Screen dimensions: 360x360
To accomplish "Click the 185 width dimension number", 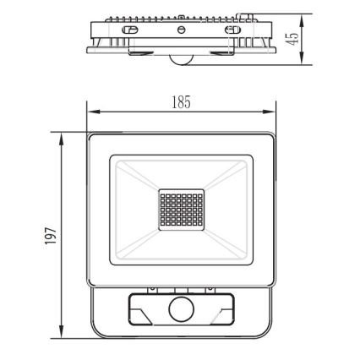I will (181, 101).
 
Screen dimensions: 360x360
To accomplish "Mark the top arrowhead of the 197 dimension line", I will (62, 134).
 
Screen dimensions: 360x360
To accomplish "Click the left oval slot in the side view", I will (131, 30).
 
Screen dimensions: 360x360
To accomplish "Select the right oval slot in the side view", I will (229, 30).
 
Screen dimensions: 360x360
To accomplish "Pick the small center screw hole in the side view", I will (180, 30).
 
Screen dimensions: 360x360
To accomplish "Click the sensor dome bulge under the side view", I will (180, 60).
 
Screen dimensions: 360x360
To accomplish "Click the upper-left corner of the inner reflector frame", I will (110, 155).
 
